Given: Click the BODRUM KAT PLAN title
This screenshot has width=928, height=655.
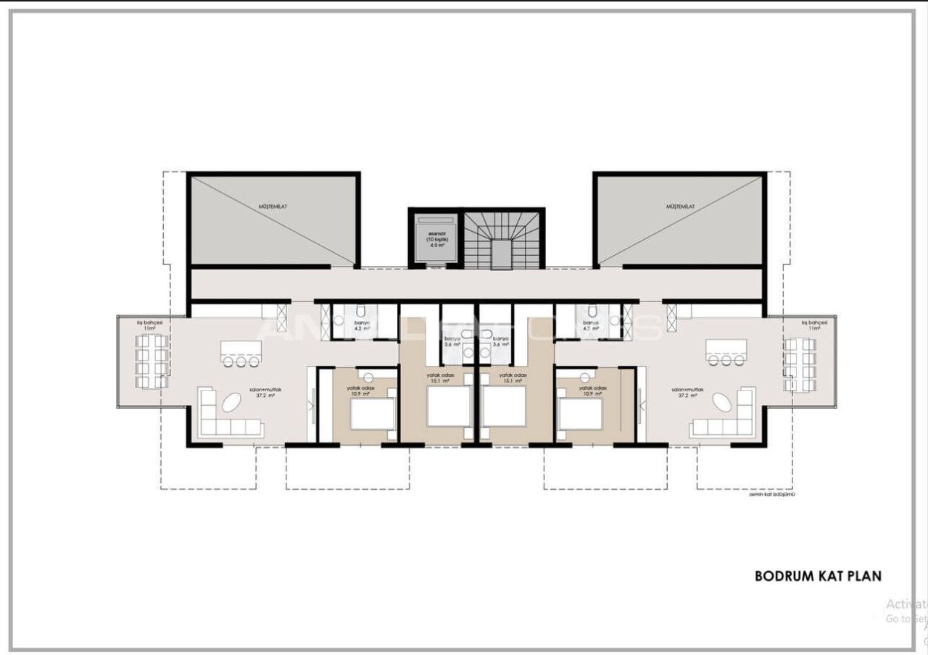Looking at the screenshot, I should click(x=818, y=577).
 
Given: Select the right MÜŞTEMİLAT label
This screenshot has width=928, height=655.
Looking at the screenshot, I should click(x=680, y=207).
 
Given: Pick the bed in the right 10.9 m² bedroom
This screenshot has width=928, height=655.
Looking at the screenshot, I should click(x=580, y=413).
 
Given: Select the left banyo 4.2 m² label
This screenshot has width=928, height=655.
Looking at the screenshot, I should click(x=362, y=325).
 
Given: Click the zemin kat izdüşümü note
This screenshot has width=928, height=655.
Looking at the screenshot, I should click(x=773, y=496).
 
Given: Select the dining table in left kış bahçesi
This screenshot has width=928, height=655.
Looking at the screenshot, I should click(x=153, y=360).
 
